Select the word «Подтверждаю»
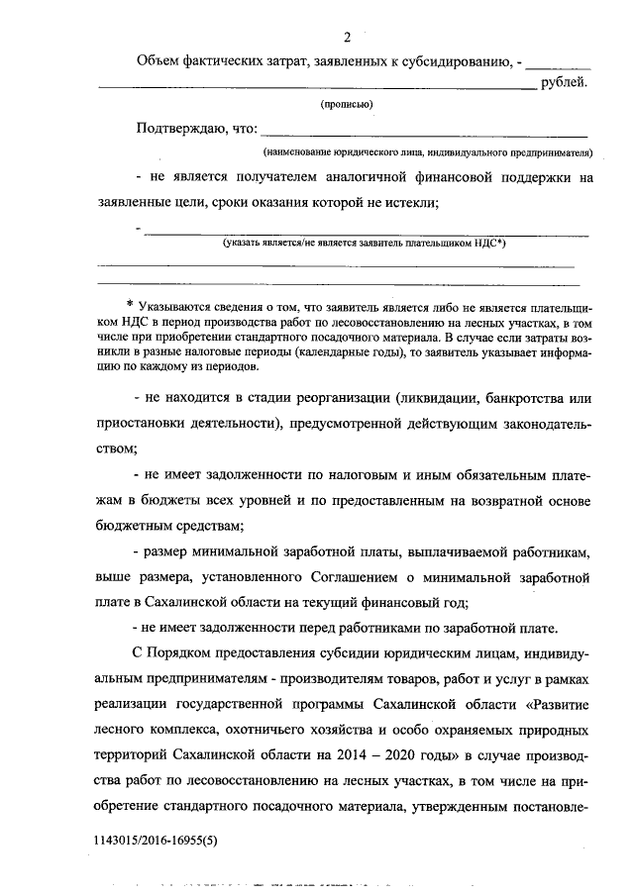tap(185, 128)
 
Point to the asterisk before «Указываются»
tap(130, 303)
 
